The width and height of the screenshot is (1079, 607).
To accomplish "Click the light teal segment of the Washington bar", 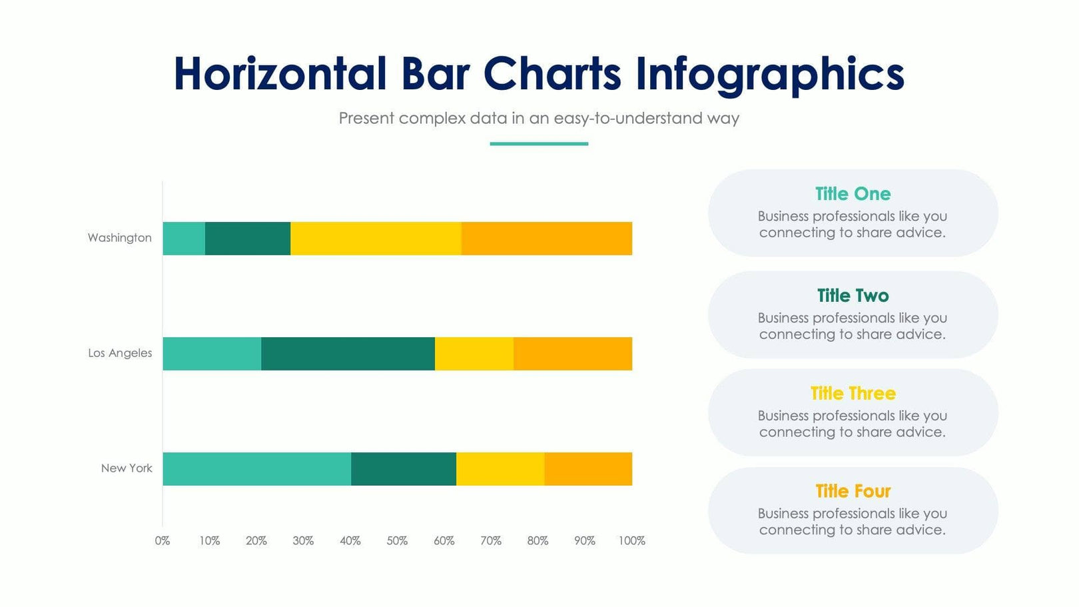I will click(x=184, y=239).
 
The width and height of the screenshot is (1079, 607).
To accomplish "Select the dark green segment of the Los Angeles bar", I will click(x=348, y=354).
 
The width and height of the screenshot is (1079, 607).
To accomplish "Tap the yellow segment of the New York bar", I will click(x=500, y=469).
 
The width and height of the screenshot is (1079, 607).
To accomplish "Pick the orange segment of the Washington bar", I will click(x=547, y=239).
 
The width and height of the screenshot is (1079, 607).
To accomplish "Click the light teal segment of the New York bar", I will click(x=257, y=469).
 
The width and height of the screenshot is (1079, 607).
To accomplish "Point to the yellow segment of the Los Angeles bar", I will click(x=474, y=354).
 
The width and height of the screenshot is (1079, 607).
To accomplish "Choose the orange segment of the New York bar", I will click(x=588, y=469).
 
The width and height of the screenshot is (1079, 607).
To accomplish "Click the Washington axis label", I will click(x=120, y=238).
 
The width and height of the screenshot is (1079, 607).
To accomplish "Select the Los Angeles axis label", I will click(x=120, y=353).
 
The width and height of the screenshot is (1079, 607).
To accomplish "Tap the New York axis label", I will click(x=127, y=468).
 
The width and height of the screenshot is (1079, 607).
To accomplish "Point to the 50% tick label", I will click(x=397, y=541).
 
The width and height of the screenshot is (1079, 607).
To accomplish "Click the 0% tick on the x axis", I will click(x=163, y=541).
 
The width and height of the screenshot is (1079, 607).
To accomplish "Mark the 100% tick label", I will click(x=631, y=541).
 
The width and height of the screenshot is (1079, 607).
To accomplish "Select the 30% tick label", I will click(x=303, y=541).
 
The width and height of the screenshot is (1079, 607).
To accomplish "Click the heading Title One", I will click(x=853, y=194).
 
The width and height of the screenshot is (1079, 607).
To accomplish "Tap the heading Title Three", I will click(x=853, y=394).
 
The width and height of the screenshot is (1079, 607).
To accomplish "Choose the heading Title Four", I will click(x=853, y=492).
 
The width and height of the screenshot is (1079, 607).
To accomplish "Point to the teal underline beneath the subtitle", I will click(x=539, y=143).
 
